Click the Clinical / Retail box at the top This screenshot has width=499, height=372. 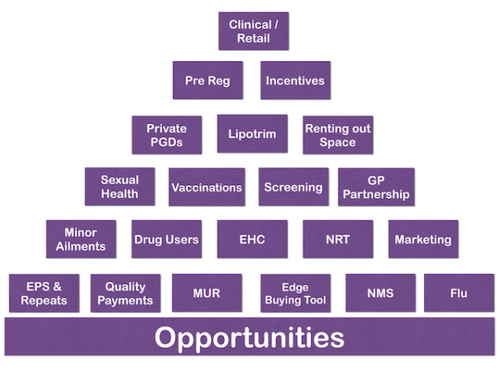point(253,32)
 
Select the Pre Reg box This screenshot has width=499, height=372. point(208,81)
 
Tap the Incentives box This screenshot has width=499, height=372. point(295,81)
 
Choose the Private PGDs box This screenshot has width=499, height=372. point(166,135)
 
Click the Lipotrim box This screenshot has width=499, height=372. point(252,134)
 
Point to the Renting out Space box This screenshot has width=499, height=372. point(338,135)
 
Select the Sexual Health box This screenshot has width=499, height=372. point(120,187)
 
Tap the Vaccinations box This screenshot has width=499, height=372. point(207,187)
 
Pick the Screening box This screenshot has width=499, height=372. point(293,187)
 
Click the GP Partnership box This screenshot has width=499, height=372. point(376,187)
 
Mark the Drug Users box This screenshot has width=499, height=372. point(166,239)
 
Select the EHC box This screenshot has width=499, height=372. point(252,239)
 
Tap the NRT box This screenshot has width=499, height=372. point(338,239)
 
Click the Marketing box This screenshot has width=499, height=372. point(423,239)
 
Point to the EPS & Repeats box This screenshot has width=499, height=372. point(44,293)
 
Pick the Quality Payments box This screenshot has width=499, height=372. point(125,293)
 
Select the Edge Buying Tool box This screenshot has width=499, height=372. point(294,293)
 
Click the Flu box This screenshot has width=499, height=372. point(459,293)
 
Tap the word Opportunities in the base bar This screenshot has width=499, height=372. point(249,338)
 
